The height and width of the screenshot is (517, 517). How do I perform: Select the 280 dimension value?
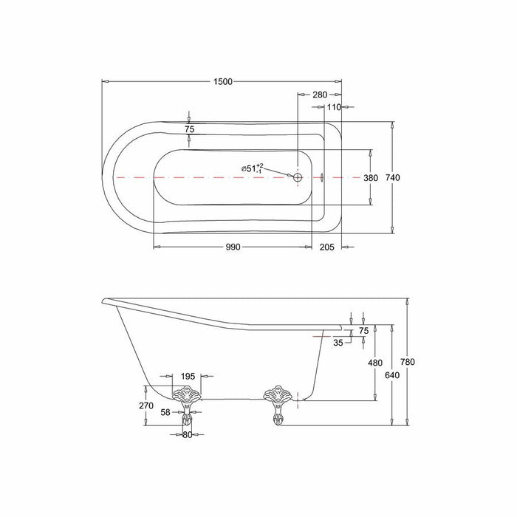pos(320,95)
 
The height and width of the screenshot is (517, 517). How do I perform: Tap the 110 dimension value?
pos(333,107)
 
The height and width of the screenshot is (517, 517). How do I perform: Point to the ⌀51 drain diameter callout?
pos(252,168)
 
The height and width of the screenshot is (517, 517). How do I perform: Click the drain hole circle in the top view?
pos(298,178)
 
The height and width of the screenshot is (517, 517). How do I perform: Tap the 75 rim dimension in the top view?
pos(189,129)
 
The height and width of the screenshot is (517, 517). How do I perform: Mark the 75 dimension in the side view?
pos(363,331)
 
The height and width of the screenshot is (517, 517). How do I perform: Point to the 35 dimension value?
pos(338,343)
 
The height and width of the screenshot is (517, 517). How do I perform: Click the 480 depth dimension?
pos(375,363)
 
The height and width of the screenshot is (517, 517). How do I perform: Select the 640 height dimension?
pos(391,374)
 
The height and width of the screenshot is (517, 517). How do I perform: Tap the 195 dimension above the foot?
pos(188,377)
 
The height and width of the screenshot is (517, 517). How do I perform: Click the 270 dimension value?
pos(145,405)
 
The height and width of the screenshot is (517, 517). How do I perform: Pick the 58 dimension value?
pos(166,412)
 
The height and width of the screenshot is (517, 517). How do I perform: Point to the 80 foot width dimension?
pos(188,435)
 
